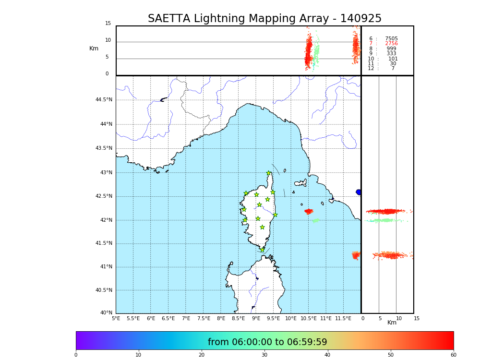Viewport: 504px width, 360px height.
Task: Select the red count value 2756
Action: click(391, 44)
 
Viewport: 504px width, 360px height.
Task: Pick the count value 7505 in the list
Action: click(391, 39)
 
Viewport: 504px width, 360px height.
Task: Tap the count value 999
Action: click(391, 49)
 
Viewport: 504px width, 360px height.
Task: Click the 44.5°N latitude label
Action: click(104, 100)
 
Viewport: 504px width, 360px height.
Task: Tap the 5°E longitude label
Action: click(116, 319)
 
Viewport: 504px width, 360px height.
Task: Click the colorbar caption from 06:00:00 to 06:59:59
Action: click(267, 342)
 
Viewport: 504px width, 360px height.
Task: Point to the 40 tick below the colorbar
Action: click(327, 355)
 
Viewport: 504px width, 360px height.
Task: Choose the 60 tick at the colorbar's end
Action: click(453, 355)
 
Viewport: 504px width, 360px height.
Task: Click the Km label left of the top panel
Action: click(94, 48)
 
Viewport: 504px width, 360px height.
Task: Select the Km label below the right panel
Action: click(392, 323)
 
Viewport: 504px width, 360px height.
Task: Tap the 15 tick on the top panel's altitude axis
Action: click(108, 24)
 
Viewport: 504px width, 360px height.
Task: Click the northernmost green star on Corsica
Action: click(269, 173)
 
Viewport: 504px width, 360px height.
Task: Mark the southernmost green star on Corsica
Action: click(262, 250)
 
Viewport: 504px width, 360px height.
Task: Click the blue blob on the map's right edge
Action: click(359, 192)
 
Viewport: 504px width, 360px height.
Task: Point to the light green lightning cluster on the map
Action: click(315, 221)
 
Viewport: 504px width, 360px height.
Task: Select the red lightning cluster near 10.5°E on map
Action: click(309, 211)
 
